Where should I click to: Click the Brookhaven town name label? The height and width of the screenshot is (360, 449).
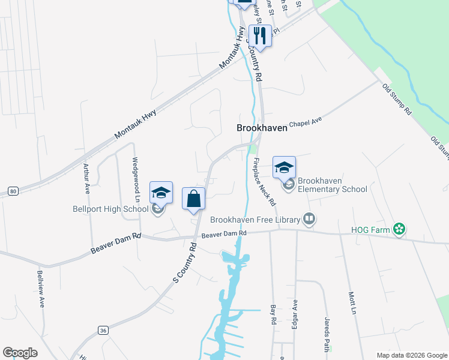point(262,128)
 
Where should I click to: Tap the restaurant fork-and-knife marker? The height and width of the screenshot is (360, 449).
point(260,35)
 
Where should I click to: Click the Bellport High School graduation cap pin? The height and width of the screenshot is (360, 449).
point(161,193)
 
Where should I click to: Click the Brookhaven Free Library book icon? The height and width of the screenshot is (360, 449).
point(309,219)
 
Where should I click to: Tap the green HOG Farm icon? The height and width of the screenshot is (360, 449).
point(398,229)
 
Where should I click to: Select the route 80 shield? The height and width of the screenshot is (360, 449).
point(13,191)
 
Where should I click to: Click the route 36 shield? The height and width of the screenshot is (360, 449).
point(103,330)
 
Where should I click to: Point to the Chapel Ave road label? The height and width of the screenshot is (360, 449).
point(306,122)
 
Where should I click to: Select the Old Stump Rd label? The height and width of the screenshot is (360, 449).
point(397,99)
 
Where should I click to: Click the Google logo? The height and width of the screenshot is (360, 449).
point(20,353)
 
